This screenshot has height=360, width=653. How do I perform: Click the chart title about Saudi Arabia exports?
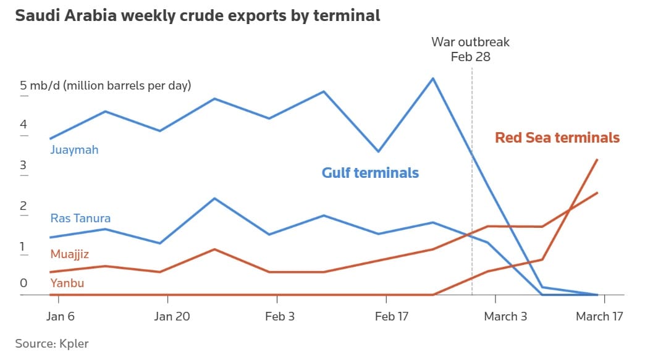(198, 16)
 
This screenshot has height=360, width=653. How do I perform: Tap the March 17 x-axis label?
(599, 316)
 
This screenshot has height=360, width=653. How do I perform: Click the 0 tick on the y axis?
(23, 283)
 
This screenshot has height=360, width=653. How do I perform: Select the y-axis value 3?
(23, 165)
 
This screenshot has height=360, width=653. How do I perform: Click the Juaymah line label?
(74, 149)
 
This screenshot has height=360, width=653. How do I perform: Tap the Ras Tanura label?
(80, 218)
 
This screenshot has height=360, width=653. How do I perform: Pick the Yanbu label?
(67, 283)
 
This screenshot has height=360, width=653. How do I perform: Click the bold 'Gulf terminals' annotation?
(370, 173)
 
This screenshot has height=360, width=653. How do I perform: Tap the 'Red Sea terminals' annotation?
(557, 138)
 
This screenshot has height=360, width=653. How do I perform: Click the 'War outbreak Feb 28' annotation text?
(470, 49)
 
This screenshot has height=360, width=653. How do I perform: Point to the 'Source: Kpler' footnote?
(52, 343)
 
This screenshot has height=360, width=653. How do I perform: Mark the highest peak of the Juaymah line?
(433, 78)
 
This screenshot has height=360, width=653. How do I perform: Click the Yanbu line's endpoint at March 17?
(597, 159)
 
